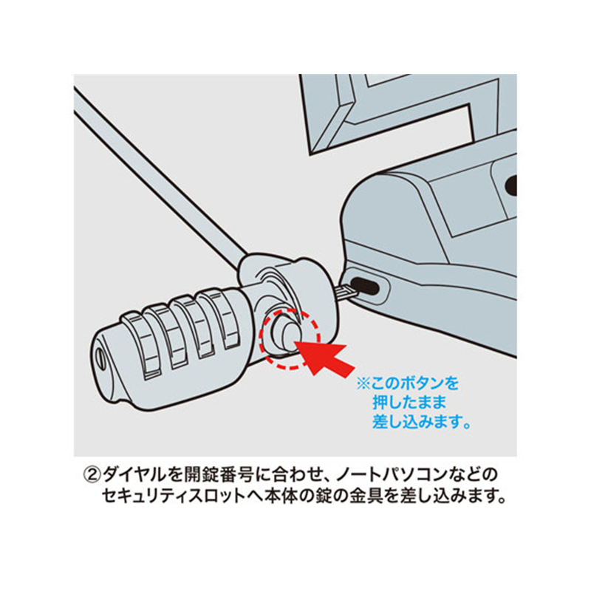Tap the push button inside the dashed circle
tap(286, 333)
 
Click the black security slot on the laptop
tap(365, 287)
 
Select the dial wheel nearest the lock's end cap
tap(140, 344)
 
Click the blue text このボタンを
tap(415, 383)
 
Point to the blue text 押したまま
tap(409, 403)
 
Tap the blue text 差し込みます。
tap(422, 421)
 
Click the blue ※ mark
tap(363, 384)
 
